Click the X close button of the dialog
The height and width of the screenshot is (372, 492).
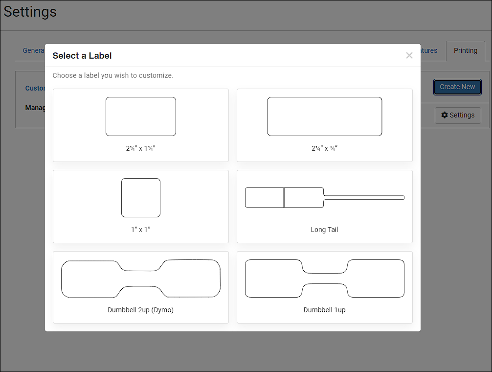[409, 55]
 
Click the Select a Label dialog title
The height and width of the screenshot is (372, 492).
[82, 56]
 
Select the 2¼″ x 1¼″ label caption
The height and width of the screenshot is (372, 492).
[140, 148]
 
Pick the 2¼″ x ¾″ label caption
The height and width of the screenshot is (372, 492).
[324, 148]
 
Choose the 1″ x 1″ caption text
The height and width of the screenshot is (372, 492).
[140, 230]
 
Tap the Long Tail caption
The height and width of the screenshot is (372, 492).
[324, 230]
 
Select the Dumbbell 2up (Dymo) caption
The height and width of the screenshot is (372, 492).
[140, 310]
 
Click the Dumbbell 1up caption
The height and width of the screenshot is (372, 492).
[324, 310]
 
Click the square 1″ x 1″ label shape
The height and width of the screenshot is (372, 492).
[141, 198]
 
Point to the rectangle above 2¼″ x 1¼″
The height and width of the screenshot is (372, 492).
[141, 116]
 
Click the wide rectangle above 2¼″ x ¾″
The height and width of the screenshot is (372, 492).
[324, 116]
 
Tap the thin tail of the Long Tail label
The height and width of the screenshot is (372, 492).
[364, 197]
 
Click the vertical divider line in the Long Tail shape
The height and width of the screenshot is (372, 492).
[284, 197]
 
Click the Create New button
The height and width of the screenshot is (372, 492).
[457, 87]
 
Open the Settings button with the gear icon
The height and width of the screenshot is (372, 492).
[458, 115]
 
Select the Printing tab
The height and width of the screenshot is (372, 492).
[465, 50]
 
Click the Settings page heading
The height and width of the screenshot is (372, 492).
[30, 12]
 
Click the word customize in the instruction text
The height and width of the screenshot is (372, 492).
[156, 75]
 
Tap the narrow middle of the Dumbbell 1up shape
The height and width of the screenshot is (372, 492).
[325, 279]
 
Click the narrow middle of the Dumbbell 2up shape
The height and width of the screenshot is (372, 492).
[141, 279]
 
